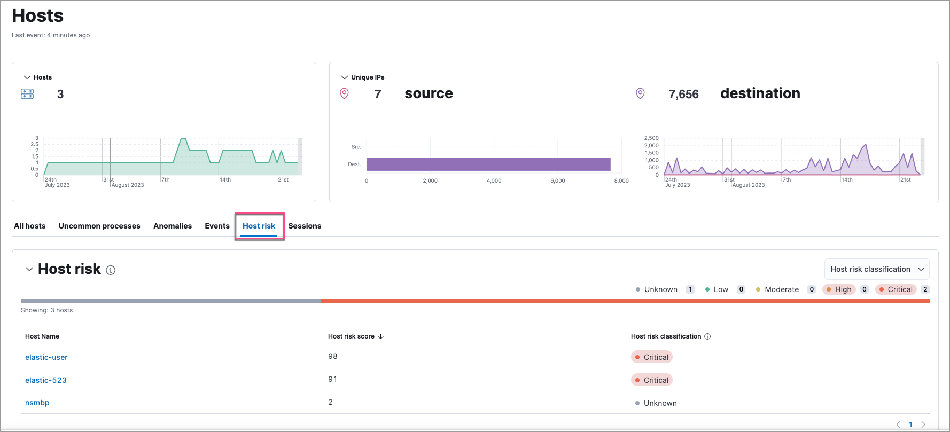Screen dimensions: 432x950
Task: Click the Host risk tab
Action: [x=259, y=226]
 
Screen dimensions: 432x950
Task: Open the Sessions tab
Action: [x=305, y=226]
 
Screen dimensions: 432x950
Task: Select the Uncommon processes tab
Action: [x=99, y=226]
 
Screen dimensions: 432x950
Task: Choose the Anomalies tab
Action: [x=172, y=226]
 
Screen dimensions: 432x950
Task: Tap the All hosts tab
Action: [x=30, y=226]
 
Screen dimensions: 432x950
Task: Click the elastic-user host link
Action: [x=46, y=357]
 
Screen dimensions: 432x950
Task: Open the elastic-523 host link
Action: [x=46, y=380]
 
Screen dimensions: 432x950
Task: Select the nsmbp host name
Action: [x=37, y=403]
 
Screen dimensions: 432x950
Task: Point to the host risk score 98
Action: [x=333, y=356]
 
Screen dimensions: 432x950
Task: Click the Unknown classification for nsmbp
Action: [x=660, y=403]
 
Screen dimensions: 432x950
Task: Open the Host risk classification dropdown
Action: [x=876, y=269]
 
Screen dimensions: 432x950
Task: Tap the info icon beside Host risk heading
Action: [x=111, y=270]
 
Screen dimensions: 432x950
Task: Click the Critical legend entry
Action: [x=900, y=289]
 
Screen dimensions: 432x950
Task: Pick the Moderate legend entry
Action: [x=781, y=289]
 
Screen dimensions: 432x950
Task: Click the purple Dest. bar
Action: [x=488, y=164]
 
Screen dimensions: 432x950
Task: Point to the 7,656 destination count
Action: [x=683, y=95]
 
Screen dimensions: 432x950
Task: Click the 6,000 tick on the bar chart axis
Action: [x=557, y=181]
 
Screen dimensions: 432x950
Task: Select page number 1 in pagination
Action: [x=910, y=425]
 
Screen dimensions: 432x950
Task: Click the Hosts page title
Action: [x=38, y=16]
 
